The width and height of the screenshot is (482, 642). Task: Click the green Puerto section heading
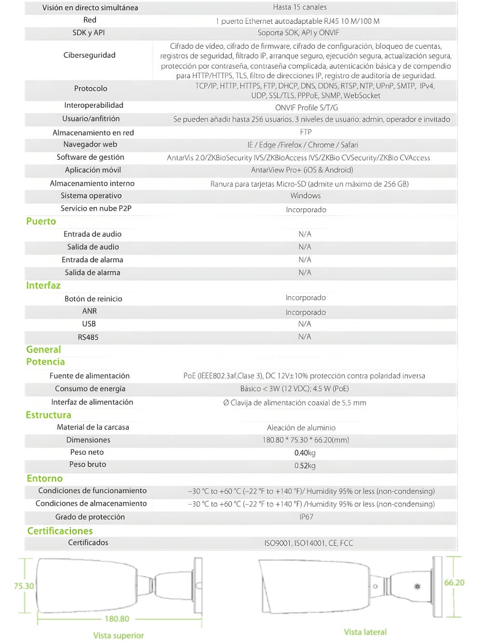point(41,221)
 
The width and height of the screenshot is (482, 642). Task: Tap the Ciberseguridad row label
point(89,55)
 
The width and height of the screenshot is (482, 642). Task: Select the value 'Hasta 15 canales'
point(299,7)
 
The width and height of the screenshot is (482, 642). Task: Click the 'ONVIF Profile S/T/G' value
point(307,107)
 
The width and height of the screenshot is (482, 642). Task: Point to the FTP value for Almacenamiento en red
point(306,132)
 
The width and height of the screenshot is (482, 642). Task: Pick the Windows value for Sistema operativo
point(305,196)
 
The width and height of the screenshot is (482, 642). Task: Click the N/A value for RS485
point(305,336)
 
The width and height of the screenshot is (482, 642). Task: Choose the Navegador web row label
point(90,144)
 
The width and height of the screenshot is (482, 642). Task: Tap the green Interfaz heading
point(43,285)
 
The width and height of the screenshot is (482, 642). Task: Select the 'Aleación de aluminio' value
point(301,428)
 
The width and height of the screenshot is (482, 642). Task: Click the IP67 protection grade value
point(306,517)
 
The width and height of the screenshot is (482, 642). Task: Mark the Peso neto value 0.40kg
point(305,453)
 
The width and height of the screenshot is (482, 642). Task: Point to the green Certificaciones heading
point(60,531)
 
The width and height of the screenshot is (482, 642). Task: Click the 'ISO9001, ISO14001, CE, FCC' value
point(308,543)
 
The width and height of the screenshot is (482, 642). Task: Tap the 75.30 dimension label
point(24,586)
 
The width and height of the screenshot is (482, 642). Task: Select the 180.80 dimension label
point(117,618)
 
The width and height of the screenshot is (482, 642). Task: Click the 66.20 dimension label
point(454,583)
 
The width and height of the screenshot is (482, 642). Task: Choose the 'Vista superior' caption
point(119,635)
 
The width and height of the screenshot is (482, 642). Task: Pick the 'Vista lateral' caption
point(365,632)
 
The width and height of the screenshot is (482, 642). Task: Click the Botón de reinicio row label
point(93,299)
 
